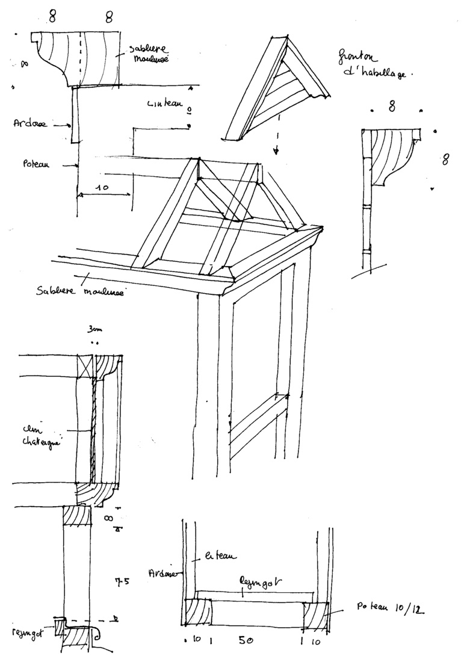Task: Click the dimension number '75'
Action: click(x=122, y=583)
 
